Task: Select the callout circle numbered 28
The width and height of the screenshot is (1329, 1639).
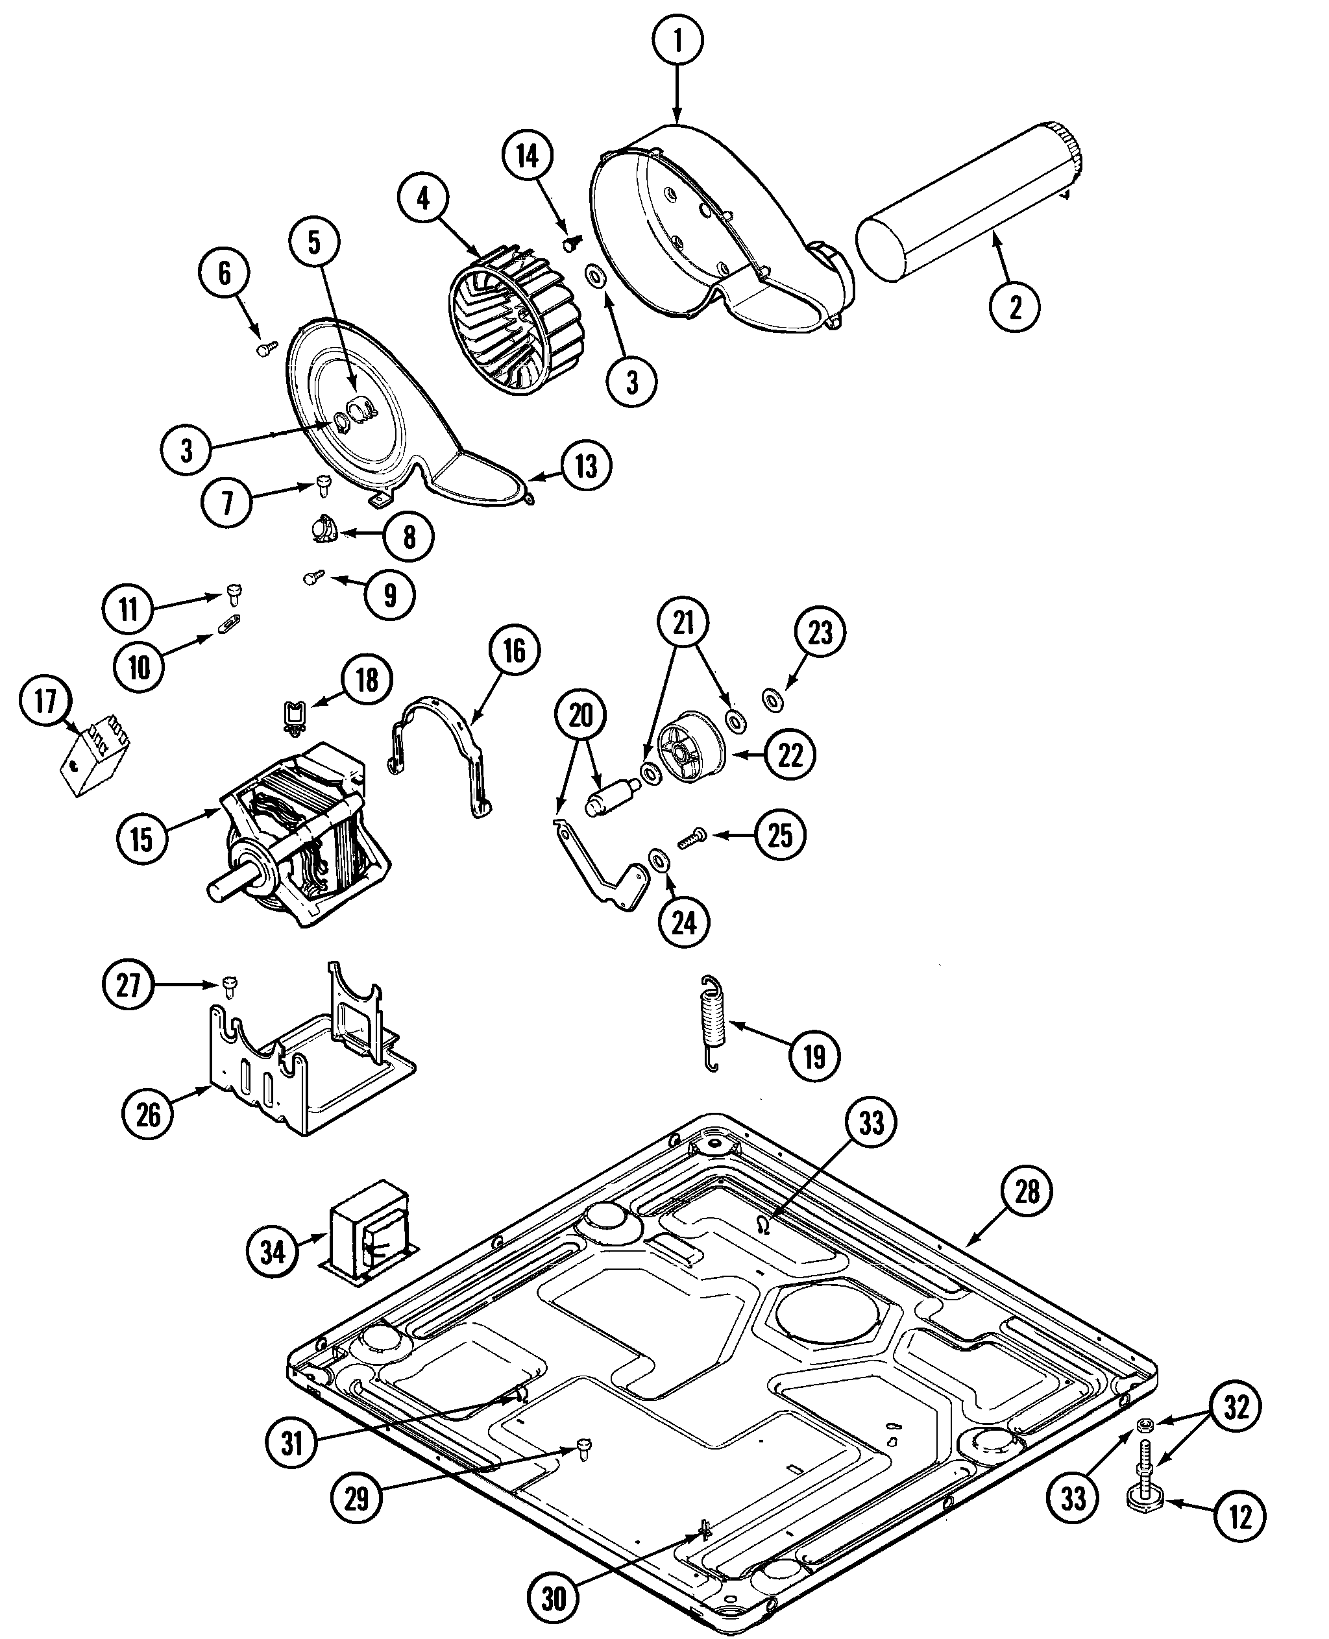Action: click(1027, 1192)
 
